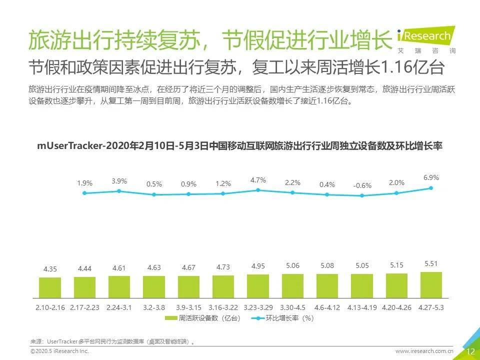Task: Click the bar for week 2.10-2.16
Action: [50, 287]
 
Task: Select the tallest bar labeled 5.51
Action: [431, 285]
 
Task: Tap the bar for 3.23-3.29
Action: [258, 286]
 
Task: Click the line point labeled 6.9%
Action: [431, 188]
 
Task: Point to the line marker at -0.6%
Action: [362, 195]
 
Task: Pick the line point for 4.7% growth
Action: [258, 190]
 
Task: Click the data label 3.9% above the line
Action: [119, 181]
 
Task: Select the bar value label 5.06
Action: [292, 266]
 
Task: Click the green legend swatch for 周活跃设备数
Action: [171, 318]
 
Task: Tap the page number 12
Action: [470, 351]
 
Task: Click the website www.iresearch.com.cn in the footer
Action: [424, 351]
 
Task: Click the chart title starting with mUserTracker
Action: [240, 146]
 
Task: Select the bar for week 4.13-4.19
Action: [362, 286]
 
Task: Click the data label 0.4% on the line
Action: [327, 184]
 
